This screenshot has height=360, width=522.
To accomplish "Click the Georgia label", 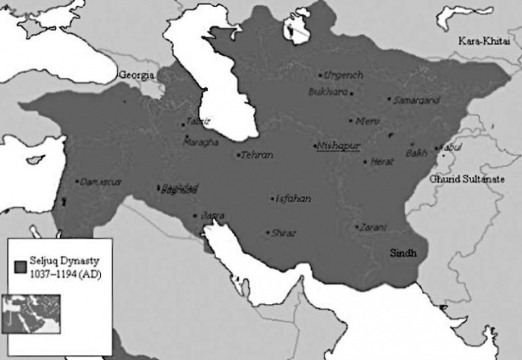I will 137,75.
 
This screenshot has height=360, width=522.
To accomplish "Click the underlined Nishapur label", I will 338,145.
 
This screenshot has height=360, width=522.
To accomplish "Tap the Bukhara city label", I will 328,92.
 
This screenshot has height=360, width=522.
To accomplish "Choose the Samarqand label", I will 416,100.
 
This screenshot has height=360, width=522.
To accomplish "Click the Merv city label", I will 367,122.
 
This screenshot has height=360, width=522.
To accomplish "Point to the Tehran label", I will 257,155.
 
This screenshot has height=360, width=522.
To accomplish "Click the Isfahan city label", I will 293,198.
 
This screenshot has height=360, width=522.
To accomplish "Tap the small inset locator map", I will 31,314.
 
